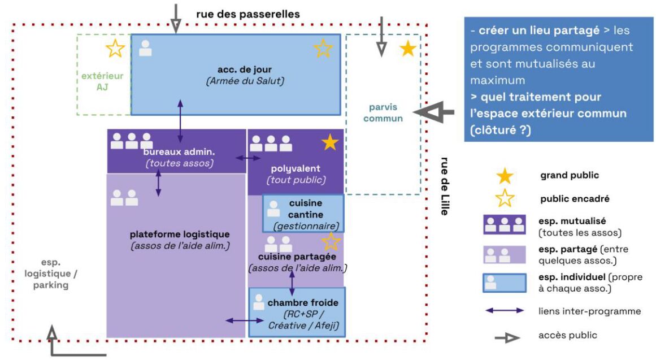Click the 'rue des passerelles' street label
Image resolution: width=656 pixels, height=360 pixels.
pyautogui.click(x=247, y=14)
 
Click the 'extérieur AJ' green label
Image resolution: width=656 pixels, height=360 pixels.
pyautogui.click(x=103, y=81)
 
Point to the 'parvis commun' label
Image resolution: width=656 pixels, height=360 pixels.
pyautogui.click(x=383, y=113)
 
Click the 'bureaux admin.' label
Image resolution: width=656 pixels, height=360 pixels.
pyautogui.click(x=179, y=152)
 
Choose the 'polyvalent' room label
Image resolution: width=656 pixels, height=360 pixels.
pyautogui.click(x=296, y=168)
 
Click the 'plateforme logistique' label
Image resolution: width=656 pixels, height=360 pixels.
pyautogui.click(x=179, y=234)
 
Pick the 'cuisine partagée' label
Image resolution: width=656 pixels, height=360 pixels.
pyautogui.click(x=297, y=257)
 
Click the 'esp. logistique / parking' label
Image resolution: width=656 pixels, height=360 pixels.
pyautogui.click(x=50, y=274)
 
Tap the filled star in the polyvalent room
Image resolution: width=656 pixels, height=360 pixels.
pyautogui.click(x=329, y=143)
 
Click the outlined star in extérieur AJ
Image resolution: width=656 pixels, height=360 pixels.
pyautogui.click(x=115, y=49)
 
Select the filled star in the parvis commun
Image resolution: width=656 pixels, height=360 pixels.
pyautogui.click(x=408, y=49)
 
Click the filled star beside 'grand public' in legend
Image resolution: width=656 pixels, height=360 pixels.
pyautogui.click(x=504, y=176)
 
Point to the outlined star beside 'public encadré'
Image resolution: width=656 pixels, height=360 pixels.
pyautogui.click(x=504, y=199)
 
